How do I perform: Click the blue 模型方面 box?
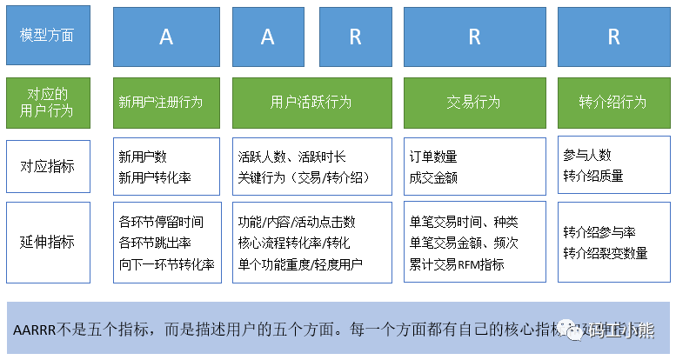pos(47,35)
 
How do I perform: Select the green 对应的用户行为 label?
pos(47,102)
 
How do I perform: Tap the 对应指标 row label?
pos(47,164)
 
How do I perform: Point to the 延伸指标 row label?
pos(47,242)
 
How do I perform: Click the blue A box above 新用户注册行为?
pos(166,36)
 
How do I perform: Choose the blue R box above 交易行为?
pos(474,36)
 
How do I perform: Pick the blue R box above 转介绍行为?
pos(612,36)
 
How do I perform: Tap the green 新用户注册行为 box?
pos(166,102)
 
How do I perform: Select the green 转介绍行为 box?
pos(612,102)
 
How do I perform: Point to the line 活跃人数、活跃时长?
pos(291,157)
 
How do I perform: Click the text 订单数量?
pos(433,157)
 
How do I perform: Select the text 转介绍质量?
pos(593,175)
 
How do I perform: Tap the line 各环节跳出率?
pos(156,243)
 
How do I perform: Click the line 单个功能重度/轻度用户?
pos(300,263)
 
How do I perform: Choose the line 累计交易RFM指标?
pos(457,263)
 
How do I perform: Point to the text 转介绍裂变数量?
pos(606,253)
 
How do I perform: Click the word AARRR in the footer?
pos(35,330)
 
